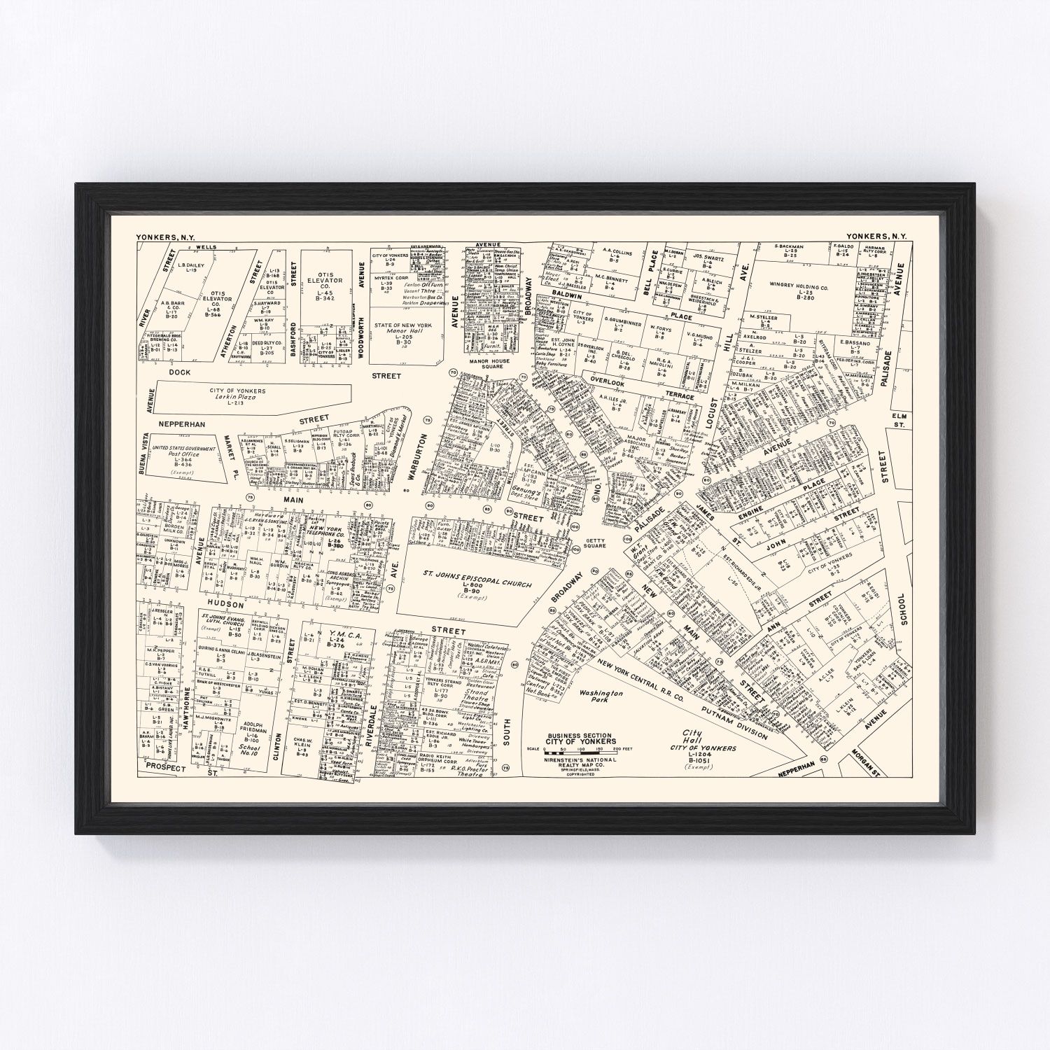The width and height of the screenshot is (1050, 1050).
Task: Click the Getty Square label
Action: coord(594,542)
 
